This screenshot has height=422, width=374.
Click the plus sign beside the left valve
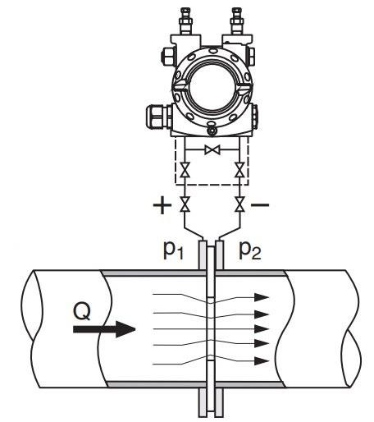click(x=162, y=205)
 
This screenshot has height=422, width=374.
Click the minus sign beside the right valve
click(x=260, y=204)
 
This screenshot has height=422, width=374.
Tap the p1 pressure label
click(x=173, y=250)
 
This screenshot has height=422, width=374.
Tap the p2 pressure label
click(x=250, y=250)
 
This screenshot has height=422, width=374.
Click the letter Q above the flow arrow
click(x=82, y=311)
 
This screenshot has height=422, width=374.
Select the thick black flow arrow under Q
click(x=104, y=329)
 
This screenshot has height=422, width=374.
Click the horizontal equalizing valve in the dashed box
click(x=212, y=149)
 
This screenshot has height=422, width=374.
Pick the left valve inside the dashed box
click(x=185, y=169)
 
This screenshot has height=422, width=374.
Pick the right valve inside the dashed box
click(x=239, y=169)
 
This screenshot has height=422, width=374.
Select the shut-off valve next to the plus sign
click(x=185, y=204)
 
